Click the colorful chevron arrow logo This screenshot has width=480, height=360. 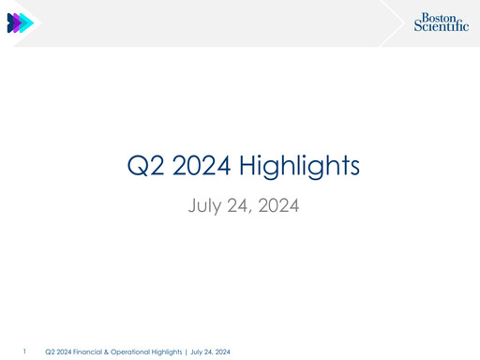coord(20,23)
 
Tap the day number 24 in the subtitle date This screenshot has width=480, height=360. coord(240,203)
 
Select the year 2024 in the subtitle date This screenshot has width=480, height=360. coord(278,203)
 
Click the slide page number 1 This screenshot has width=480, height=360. coord(25,352)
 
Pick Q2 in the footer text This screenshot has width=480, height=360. coord(50,352)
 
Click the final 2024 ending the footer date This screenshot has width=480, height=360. coord(222,352)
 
